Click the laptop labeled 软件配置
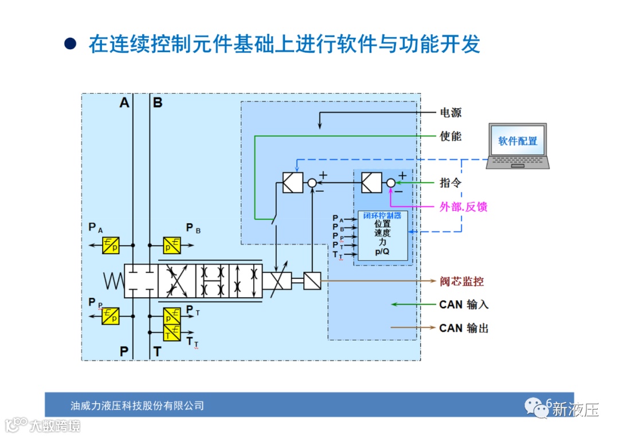[x=518, y=145]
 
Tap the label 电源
[x=450, y=112]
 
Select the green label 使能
[x=450, y=136]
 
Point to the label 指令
[x=450, y=183]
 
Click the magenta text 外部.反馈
[x=463, y=207]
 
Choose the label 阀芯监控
[x=462, y=281]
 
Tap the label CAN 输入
[x=464, y=305]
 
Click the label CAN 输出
[x=464, y=328]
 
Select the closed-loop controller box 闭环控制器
[x=383, y=236]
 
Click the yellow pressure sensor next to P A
[x=111, y=245]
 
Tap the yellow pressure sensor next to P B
[x=171, y=245]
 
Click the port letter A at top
[x=124, y=103]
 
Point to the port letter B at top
[x=158, y=103]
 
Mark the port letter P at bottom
[x=124, y=351]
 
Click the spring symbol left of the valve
[x=113, y=281]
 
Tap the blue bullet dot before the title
[x=70, y=44]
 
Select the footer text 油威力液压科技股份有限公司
[x=137, y=405]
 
